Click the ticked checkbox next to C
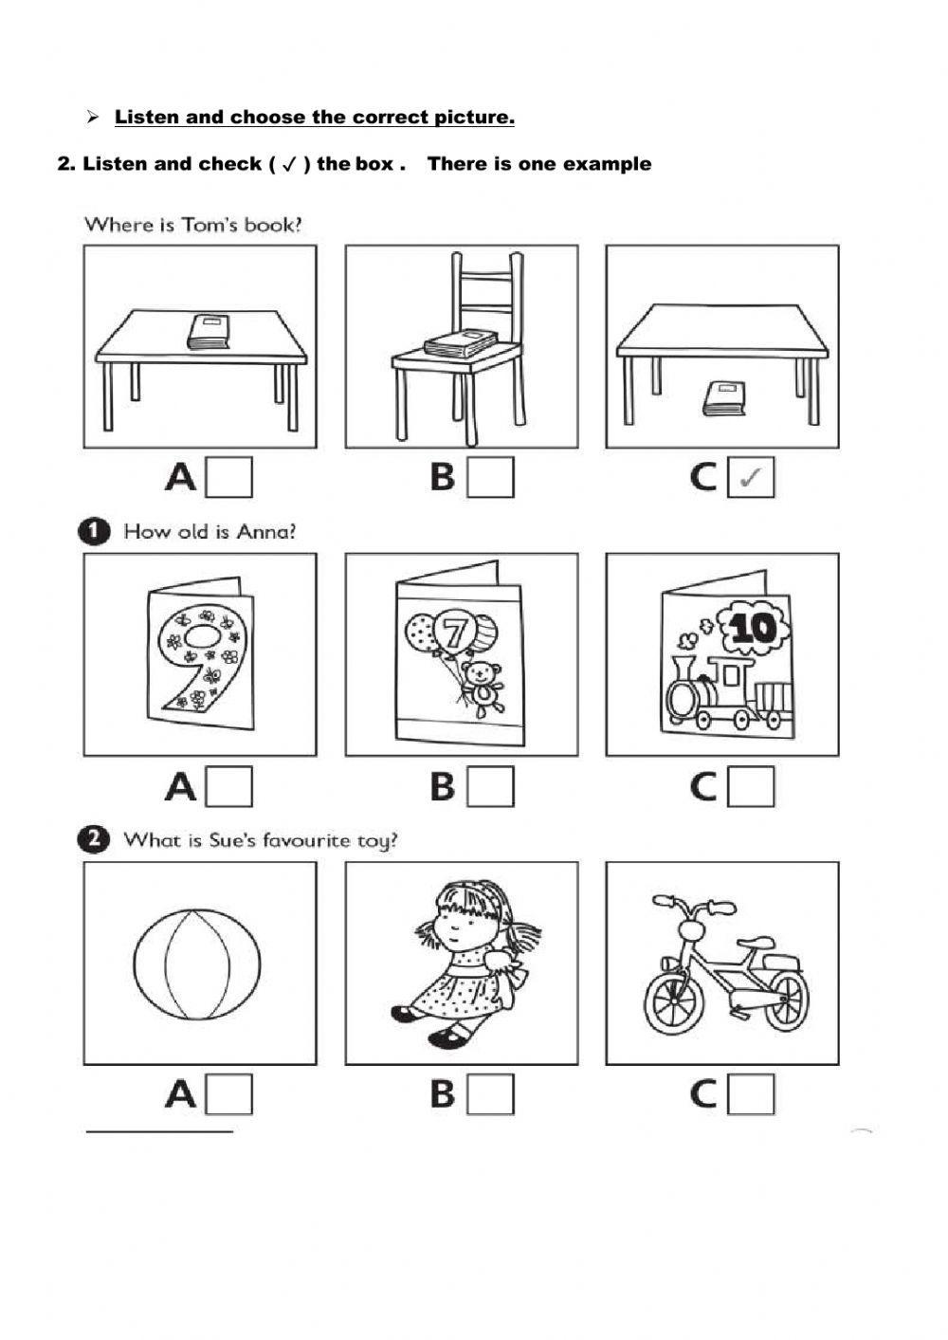coord(751,477)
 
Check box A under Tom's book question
coord(229,477)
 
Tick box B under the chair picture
coord(491,477)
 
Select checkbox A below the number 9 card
coord(229,786)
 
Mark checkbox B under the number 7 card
coord(491,786)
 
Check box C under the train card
coord(751,786)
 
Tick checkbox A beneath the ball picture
coord(229,1094)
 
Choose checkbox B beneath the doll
coord(491,1094)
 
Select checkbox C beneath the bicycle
coord(751,1094)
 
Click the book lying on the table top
coord(210,331)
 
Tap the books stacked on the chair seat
coord(461,343)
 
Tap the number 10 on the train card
coord(754,628)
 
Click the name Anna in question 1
coord(265,532)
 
